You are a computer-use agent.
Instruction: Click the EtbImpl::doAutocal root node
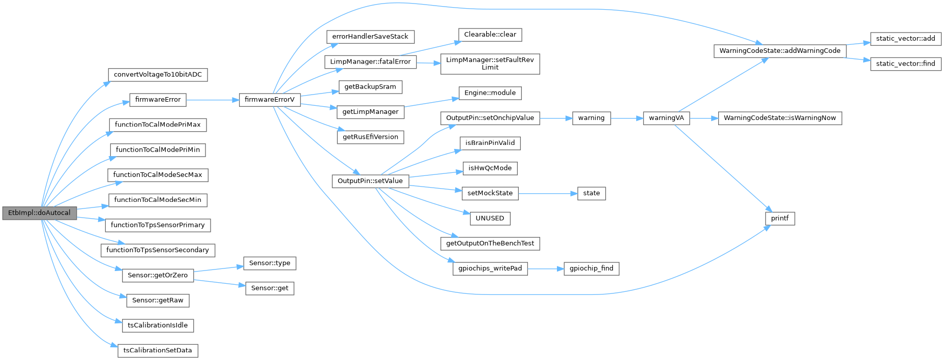click(x=39, y=213)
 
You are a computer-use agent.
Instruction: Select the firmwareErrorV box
click(x=270, y=100)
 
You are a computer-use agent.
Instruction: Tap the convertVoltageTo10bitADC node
click(x=158, y=75)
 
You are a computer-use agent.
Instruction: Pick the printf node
click(x=780, y=219)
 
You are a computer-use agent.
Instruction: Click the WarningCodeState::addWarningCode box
click(x=780, y=51)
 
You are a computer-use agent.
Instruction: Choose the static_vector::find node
click(x=905, y=64)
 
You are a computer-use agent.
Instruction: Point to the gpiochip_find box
click(x=591, y=268)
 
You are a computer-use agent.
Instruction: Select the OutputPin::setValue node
click(x=370, y=181)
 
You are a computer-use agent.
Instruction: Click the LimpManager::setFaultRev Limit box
click(x=490, y=64)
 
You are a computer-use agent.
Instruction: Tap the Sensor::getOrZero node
click(x=158, y=276)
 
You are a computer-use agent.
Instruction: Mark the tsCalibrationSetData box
click(x=158, y=351)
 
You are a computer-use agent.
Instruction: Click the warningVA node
click(x=666, y=118)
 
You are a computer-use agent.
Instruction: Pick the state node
click(x=592, y=193)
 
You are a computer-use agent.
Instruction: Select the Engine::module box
click(x=490, y=93)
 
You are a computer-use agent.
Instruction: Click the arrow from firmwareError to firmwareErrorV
click(x=213, y=100)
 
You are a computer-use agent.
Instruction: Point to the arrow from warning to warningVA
click(x=627, y=118)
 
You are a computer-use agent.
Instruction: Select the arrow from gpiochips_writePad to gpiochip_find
click(x=545, y=269)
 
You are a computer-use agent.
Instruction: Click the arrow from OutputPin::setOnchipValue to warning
click(x=556, y=118)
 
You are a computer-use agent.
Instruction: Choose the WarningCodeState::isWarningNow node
click(x=780, y=118)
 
